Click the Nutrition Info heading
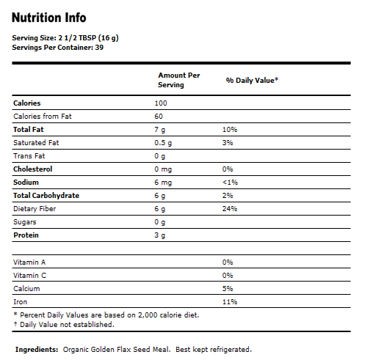(49, 17)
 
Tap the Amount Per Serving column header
(178, 80)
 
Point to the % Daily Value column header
(252, 79)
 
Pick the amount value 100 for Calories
(161, 103)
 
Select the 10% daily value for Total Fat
(230, 129)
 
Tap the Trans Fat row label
(29, 155)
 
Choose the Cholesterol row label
(33, 169)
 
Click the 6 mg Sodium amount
(162, 182)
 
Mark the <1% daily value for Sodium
(230, 182)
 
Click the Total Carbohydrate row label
(46, 195)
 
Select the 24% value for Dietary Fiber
(230, 208)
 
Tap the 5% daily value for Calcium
(228, 289)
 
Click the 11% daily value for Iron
(229, 301)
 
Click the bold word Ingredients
(37, 349)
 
